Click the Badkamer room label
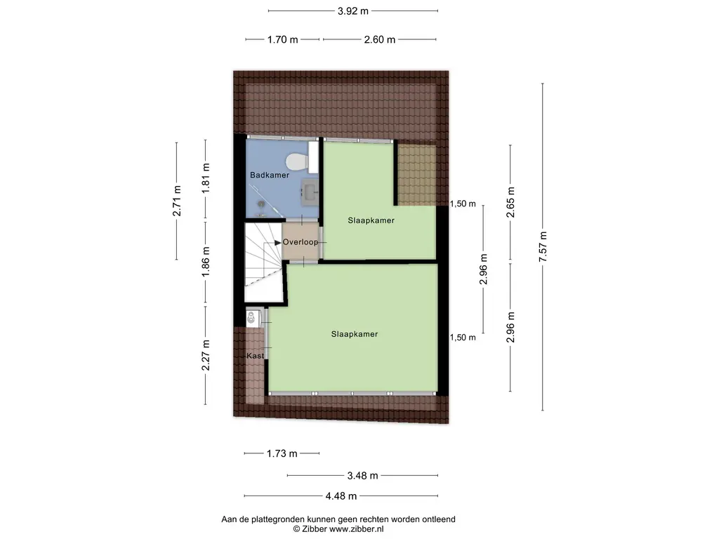(270, 175)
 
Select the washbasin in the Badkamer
(310, 190)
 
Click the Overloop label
(301, 242)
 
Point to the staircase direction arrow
(277, 243)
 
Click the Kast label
(256, 356)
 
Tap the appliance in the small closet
(251, 317)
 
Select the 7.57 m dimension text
(543, 246)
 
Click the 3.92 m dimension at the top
(353, 11)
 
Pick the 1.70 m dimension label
(283, 40)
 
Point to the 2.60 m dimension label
(380, 40)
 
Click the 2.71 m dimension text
(176, 201)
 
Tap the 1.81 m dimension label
(206, 178)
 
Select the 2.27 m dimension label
(206, 355)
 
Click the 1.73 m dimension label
(282, 454)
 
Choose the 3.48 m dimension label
(363, 476)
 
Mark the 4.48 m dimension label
(341, 496)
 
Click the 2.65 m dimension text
(511, 202)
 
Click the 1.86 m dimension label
(206, 261)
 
